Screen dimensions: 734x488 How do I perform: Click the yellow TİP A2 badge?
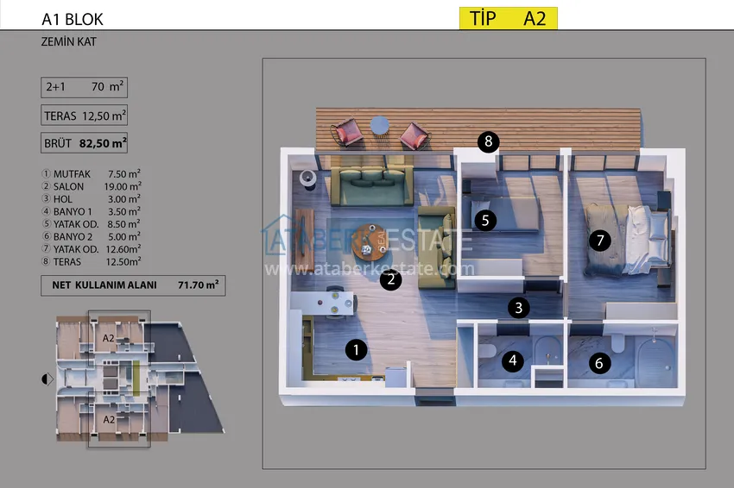point(509,18)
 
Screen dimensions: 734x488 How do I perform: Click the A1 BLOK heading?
point(72,19)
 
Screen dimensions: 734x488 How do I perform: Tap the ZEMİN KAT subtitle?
point(68,41)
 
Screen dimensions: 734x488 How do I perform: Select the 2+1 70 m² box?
point(85,87)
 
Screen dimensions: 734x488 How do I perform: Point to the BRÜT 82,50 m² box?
point(85,143)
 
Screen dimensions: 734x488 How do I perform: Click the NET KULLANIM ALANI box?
point(133,285)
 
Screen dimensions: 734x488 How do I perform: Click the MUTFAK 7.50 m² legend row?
point(92,174)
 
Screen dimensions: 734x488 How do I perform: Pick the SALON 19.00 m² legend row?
point(92,186)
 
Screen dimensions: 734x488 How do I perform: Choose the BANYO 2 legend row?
point(92,237)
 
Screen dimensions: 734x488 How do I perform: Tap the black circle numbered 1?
point(356,350)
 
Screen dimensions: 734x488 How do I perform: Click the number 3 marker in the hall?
point(519,308)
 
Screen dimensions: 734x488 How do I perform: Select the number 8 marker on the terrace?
point(488,141)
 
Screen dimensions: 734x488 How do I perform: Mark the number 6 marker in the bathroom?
point(599,363)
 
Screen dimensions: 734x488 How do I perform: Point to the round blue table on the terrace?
point(380,125)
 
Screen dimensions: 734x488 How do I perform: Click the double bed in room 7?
point(627,240)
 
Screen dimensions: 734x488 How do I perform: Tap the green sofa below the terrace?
point(371,186)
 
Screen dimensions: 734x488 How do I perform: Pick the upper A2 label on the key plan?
point(108,338)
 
